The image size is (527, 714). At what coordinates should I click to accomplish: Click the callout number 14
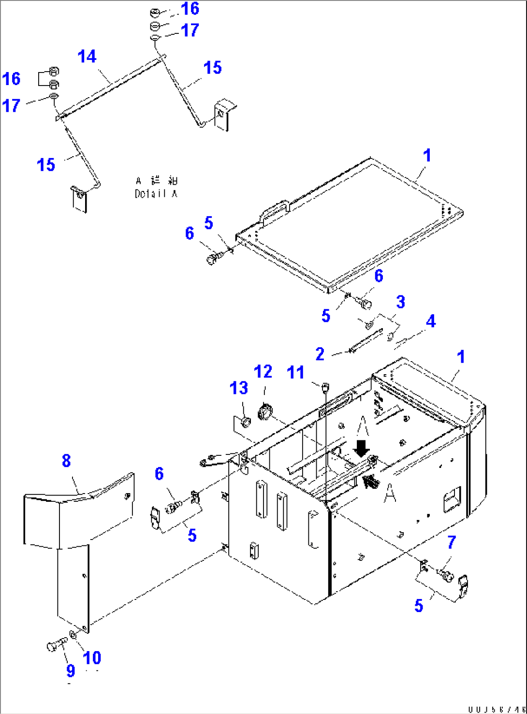click(87, 57)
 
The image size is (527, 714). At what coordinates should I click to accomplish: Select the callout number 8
click(66, 461)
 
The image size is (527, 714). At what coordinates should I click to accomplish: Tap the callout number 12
click(263, 372)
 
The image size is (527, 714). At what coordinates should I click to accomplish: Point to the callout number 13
click(239, 388)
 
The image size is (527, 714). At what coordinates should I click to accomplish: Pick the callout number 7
click(451, 542)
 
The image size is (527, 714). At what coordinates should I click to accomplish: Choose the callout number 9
click(71, 670)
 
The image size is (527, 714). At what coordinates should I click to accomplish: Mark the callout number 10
click(92, 657)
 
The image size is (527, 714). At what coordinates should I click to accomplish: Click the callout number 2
click(320, 354)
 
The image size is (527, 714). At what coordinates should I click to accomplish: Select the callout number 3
click(400, 302)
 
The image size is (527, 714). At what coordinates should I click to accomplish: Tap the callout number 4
click(430, 321)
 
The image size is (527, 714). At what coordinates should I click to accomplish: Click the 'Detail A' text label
click(156, 193)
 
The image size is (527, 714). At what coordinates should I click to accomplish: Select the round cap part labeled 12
click(264, 412)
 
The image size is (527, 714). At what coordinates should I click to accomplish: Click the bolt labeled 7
click(445, 574)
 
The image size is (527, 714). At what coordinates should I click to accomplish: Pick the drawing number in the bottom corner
click(496, 709)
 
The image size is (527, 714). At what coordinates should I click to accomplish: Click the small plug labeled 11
click(324, 386)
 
